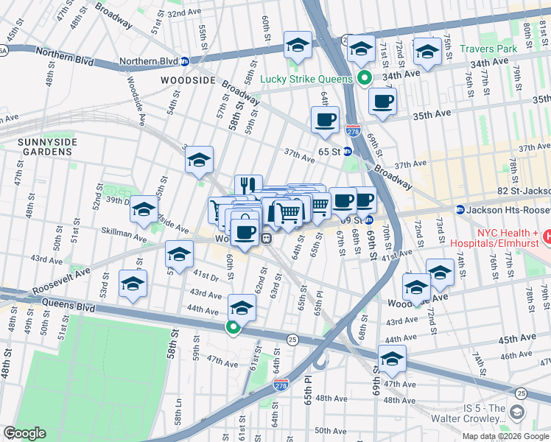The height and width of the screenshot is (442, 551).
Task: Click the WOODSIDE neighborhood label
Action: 189,80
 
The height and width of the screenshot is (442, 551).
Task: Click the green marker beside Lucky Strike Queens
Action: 362,78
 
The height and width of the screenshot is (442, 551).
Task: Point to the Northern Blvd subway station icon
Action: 184,62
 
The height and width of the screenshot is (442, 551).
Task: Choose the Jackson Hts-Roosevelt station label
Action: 508,210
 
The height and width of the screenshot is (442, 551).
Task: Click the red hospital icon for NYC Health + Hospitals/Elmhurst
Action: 547,236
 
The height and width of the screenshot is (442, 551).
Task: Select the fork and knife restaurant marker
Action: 248,186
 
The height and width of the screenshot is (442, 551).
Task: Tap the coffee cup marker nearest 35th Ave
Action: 382,101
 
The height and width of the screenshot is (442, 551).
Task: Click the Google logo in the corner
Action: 24,433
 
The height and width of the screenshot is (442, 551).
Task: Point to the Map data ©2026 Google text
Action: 506,435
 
